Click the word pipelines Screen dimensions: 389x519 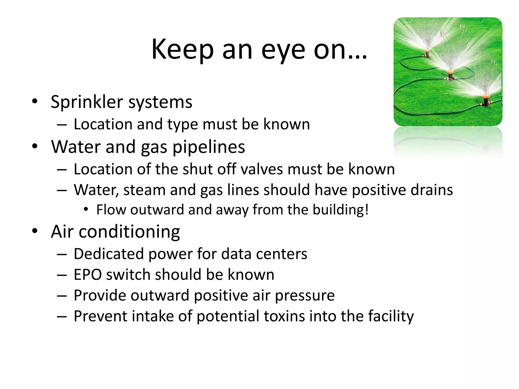(209, 147)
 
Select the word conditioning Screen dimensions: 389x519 (129, 232)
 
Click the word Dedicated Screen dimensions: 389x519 (109, 254)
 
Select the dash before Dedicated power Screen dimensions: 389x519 (62, 254)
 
